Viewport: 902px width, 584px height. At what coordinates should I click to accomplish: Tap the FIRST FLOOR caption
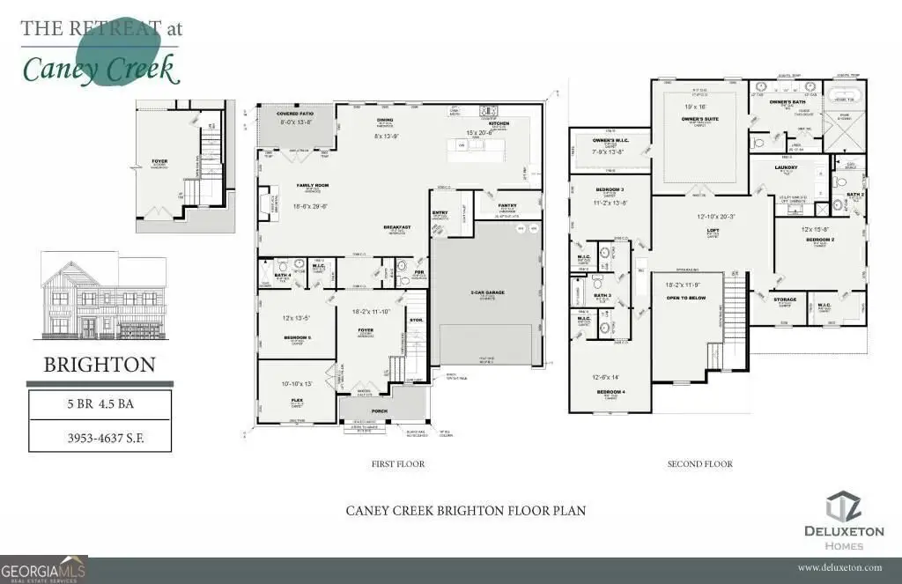click(x=398, y=464)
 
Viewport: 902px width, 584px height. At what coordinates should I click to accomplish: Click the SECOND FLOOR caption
click(x=699, y=464)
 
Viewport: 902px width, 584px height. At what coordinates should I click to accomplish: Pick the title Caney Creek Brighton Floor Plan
click(x=465, y=510)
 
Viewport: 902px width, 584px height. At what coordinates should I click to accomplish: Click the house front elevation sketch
click(x=103, y=298)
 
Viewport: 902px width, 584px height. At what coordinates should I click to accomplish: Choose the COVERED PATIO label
click(x=294, y=115)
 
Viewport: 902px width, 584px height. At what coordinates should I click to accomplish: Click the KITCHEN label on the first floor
click(x=499, y=124)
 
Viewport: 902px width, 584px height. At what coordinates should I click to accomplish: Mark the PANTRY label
click(x=506, y=206)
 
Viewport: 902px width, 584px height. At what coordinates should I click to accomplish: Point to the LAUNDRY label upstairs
click(x=786, y=167)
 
